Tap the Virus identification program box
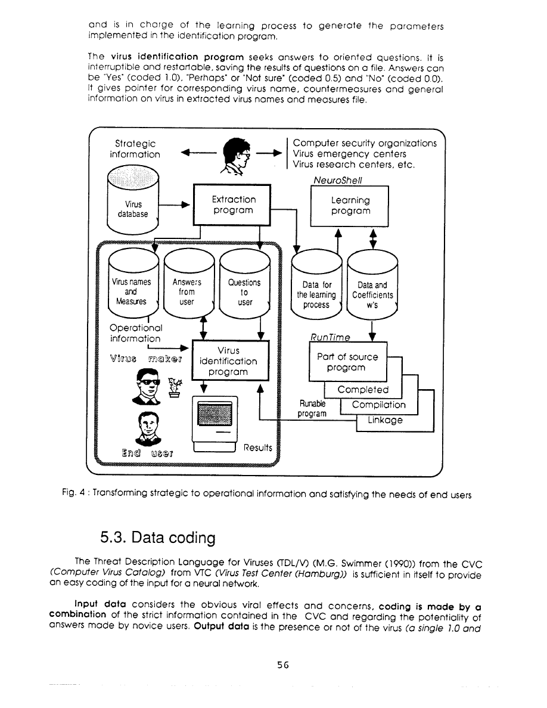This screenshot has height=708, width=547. tap(229, 361)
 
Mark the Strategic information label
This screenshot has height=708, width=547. tap(135, 149)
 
